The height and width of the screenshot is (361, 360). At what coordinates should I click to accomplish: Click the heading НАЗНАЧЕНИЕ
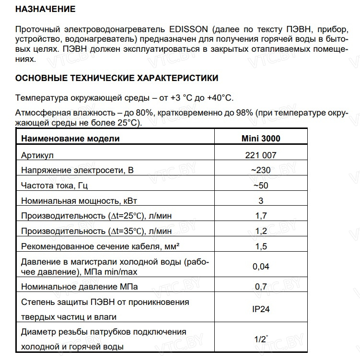45,9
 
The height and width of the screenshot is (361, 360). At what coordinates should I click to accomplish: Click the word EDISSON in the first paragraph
185,29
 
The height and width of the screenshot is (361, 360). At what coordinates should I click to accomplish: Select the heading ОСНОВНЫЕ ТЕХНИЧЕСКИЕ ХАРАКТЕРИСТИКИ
116,78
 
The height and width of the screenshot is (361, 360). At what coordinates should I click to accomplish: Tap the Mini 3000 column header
261,139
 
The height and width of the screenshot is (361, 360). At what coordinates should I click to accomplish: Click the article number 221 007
261,155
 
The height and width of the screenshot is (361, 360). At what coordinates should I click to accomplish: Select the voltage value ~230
261,170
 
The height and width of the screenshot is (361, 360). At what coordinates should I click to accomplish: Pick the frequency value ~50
261,186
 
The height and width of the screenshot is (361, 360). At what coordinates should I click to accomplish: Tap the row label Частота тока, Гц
54,186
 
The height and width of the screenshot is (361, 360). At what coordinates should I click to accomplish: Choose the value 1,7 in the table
261,216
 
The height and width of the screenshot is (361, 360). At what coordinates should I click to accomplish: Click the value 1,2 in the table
261,231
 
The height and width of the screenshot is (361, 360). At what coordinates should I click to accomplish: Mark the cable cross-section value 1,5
261,246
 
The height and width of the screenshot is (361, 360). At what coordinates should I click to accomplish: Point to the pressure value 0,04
261,267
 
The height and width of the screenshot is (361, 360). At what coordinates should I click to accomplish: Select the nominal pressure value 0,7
261,287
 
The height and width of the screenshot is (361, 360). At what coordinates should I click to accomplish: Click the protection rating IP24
261,309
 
